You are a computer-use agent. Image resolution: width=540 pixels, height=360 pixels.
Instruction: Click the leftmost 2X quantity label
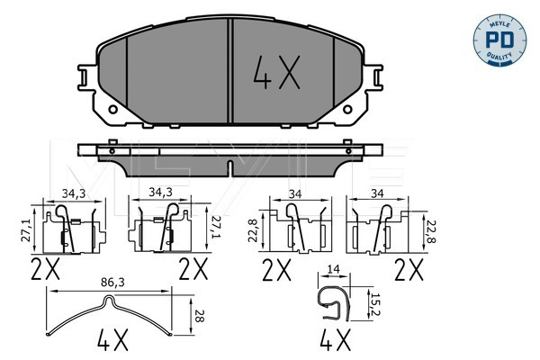click(45, 267)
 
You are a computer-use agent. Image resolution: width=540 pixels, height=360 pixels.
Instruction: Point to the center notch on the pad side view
click(232, 166)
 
